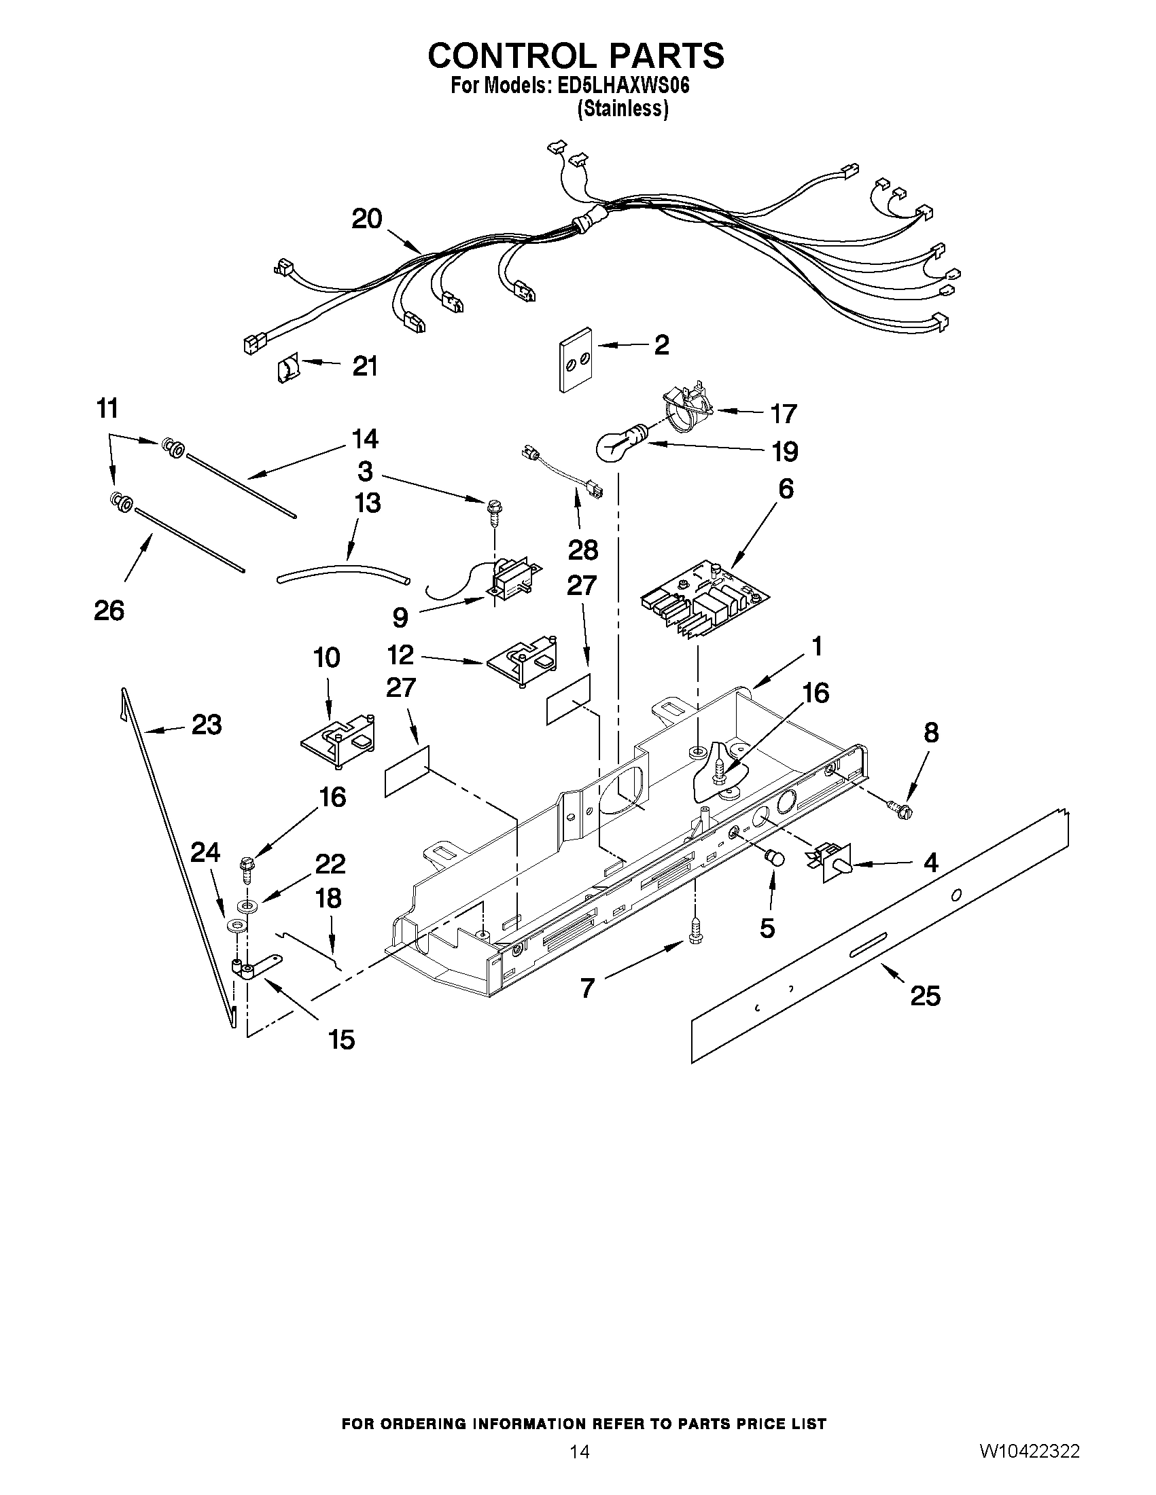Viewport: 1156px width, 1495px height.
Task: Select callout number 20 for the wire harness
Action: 366,219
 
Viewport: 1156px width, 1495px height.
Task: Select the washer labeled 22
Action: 247,906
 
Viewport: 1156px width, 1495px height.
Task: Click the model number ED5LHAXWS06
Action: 620,86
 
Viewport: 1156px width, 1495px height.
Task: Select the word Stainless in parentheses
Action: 623,109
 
